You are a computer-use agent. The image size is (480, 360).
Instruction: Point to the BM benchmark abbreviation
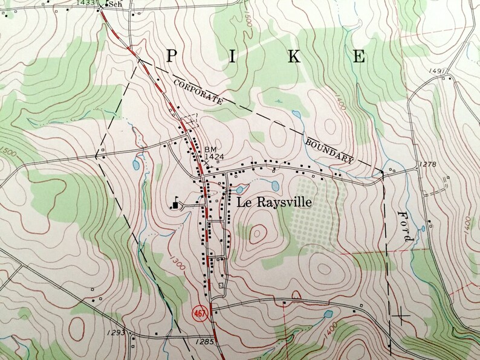tap(210, 149)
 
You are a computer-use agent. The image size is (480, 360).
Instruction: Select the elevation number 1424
tap(214, 157)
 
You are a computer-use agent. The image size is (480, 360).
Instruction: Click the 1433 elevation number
tap(87, 3)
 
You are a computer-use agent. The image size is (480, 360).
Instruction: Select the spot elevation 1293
tap(118, 333)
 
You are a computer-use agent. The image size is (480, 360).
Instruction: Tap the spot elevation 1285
tap(206, 342)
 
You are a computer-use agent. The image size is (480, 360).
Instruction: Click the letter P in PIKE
tap(172, 57)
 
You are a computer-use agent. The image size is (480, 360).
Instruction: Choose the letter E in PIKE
tap(359, 57)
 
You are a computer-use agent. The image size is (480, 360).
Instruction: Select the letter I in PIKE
tap(233, 57)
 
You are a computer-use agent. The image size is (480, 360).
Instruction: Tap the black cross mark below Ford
tap(400, 315)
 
